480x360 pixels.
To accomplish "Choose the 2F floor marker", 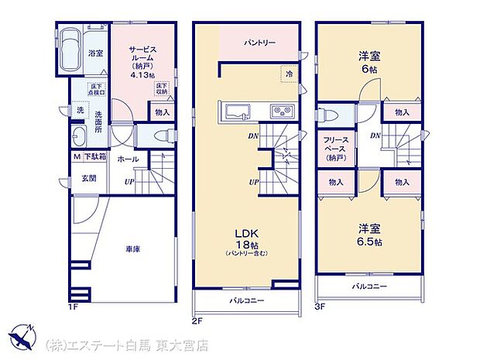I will (198, 319).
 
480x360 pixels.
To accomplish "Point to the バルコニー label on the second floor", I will (246, 300).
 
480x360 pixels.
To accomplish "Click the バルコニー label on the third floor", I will (369, 286).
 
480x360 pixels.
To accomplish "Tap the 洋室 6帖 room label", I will (369, 62).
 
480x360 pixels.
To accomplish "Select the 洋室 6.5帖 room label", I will (369, 235).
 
